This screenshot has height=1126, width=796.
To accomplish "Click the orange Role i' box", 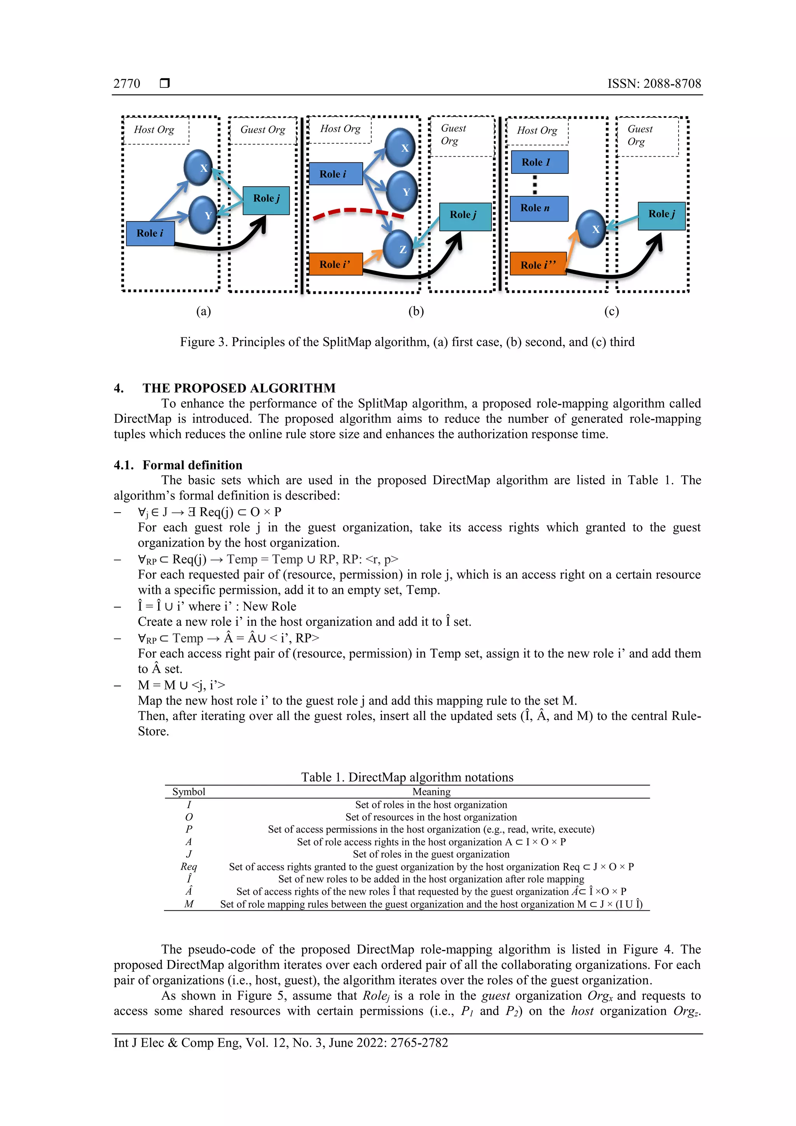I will (x=335, y=264).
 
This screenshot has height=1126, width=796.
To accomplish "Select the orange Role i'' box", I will (x=538, y=264).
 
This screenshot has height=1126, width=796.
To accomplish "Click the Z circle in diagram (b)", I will (x=398, y=249).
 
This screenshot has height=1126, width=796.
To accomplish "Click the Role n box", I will (x=539, y=208).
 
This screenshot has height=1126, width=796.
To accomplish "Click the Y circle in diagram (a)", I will (x=203, y=215).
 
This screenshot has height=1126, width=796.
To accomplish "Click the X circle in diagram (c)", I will (x=591, y=229).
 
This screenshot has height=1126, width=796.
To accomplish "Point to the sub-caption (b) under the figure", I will (x=416, y=311).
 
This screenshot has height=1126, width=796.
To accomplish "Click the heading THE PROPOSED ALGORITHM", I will (x=239, y=388).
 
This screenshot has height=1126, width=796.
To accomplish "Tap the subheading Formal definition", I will (x=192, y=465).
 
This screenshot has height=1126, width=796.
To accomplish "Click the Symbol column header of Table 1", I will (x=189, y=791).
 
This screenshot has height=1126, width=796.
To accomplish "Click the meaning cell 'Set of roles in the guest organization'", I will (x=431, y=854).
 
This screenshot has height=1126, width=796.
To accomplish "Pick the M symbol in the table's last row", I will (x=189, y=904).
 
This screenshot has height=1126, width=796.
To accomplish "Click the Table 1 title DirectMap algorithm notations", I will (x=407, y=777).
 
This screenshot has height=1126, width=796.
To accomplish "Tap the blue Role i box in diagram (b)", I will (x=335, y=174).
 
